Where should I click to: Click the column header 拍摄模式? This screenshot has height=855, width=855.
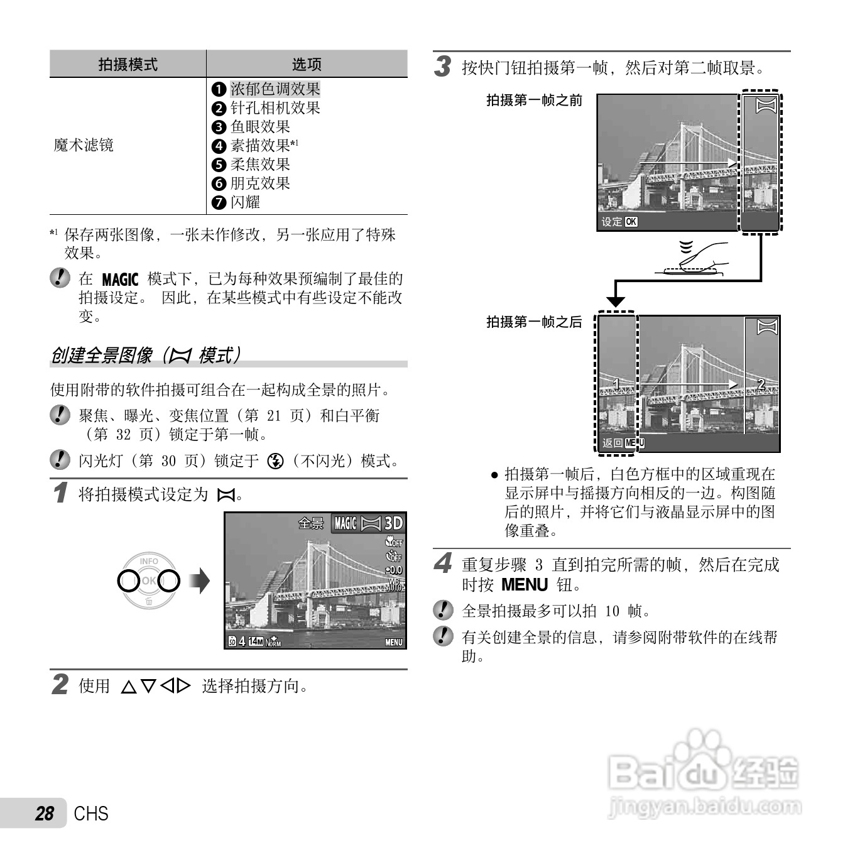[128, 64]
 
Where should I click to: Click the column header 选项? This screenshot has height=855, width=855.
[307, 64]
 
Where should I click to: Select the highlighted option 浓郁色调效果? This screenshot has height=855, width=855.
[275, 89]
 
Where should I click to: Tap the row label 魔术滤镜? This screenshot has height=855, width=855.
[84, 145]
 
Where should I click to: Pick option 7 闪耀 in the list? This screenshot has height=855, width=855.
[244, 202]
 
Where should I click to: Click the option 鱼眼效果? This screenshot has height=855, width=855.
[259, 127]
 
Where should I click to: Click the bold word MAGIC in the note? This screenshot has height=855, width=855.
[119, 280]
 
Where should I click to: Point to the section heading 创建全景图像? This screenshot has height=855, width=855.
[101, 356]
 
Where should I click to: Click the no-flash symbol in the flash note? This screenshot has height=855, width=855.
[275, 462]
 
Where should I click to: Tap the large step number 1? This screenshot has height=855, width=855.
[60, 493]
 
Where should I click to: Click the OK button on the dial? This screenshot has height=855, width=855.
[149, 581]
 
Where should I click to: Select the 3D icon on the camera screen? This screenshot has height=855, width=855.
[393, 523]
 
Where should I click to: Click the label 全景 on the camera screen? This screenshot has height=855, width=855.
[310, 523]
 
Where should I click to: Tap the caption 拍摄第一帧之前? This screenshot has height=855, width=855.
[534, 100]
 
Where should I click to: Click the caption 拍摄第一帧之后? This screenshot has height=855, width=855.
[534, 322]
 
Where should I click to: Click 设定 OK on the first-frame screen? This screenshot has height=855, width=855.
[619, 222]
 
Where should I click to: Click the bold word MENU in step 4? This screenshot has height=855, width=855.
[525, 585]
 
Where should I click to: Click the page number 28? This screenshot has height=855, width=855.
[45, 814]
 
